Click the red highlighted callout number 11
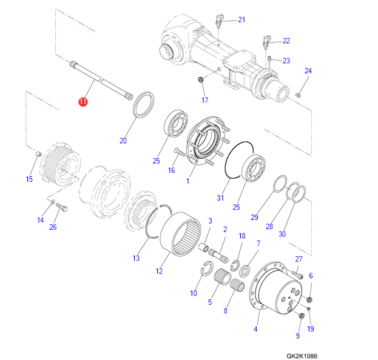83,102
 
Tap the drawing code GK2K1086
302,356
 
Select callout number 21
241,20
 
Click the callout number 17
205,100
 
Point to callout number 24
308,71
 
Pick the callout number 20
123,141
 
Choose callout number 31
220,198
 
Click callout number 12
159,272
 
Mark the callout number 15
29,179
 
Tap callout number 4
255,329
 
